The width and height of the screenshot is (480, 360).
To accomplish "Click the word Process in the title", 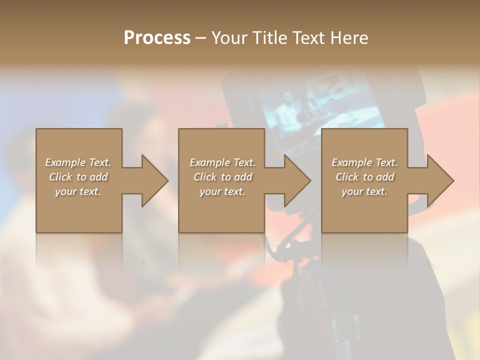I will pos(157,38).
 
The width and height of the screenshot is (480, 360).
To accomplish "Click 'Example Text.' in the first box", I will pos(78,162).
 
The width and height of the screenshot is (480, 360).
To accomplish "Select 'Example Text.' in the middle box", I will pos(222,162).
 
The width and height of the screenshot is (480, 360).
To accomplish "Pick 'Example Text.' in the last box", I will pos(364,162).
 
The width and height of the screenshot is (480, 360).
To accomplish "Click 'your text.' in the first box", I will pos(78,191).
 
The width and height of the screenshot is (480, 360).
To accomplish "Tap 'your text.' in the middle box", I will pos(222,191).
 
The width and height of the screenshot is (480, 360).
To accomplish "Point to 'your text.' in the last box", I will pos(364,191).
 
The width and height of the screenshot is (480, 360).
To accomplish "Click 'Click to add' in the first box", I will pos(78,177).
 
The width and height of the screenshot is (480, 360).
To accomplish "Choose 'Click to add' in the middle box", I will pos(222,177).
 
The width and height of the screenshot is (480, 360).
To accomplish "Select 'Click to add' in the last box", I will pos(364,177).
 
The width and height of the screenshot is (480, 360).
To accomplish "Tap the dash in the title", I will pos(201,38).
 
